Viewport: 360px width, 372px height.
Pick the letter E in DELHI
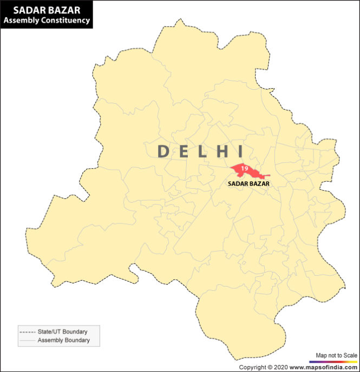click(x=184, y=151)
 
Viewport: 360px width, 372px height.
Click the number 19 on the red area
click(x=245, y=169)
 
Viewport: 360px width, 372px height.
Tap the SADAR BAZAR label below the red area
click(x=248, y=184)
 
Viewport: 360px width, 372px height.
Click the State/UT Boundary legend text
click(x=62, y=331)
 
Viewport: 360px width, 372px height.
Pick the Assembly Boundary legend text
click(x=63, y=340)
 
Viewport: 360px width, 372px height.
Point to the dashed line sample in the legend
click(x=27, y=331)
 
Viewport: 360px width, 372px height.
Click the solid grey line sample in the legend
click(x=27, y=340)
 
